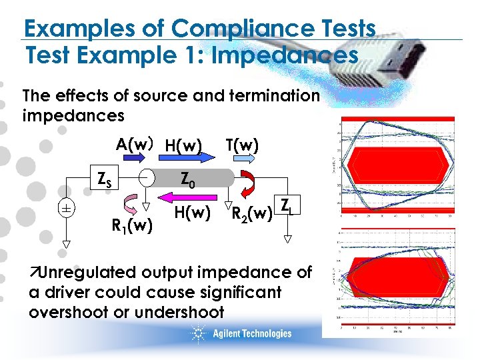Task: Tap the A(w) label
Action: pos(135,144)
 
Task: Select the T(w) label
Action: pos(242,144)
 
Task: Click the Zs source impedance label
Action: pos(105,179)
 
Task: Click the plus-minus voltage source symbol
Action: pos(66,208)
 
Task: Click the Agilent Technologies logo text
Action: pos(252,333)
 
